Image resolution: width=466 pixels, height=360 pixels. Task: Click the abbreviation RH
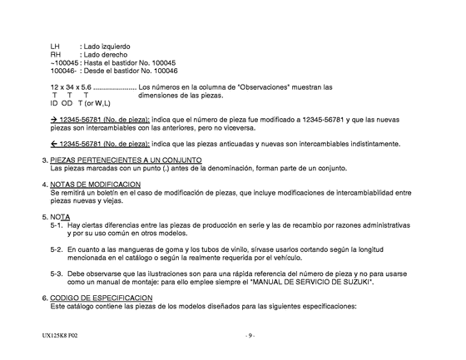[x=56, y=54]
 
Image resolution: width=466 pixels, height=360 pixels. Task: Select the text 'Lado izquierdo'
[x=106, y=45]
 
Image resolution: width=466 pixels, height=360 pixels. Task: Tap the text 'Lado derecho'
[x=103, y=54]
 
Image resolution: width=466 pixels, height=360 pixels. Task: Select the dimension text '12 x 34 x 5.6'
[x=70, y=87]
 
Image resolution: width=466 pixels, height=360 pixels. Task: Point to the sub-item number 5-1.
[x=56, y=224]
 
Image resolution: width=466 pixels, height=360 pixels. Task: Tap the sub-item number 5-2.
[x=56, y=249]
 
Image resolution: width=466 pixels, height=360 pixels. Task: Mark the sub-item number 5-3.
[x=56, y=273]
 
